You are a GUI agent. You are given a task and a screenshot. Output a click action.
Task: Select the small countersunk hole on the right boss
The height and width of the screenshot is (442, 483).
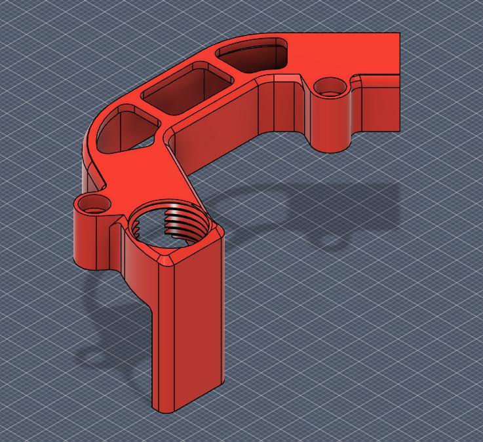pos(330,86)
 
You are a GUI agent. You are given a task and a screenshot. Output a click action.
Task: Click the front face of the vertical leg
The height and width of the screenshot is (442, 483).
pos(199,327)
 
